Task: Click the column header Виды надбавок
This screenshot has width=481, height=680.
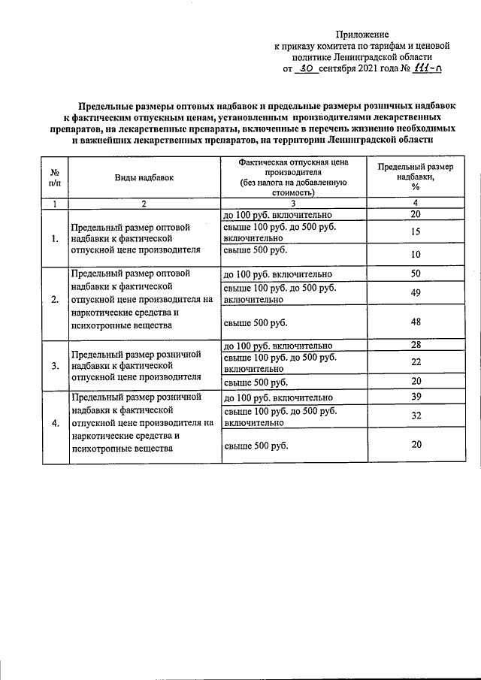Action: coord(144,177)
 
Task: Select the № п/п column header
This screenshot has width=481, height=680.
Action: coord(54,177)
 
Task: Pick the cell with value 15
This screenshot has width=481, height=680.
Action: coord(415,232)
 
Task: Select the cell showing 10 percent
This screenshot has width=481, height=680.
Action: coord(415,255)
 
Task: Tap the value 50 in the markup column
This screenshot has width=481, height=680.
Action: coord(415,274)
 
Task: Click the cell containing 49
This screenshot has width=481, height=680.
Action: coord(415,293)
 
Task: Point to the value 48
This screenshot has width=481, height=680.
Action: coord(415,322)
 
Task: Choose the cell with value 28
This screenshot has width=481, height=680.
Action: coord(415,345)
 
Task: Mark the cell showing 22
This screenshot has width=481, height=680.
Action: coord(415,363)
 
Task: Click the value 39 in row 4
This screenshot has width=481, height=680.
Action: coord(415,397)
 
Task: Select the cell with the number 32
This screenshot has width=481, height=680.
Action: coord(415,416)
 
